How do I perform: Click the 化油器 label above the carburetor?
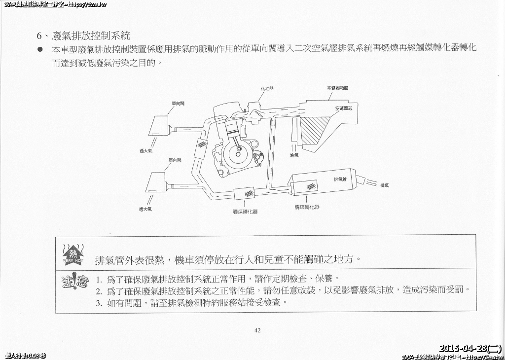[267, 89]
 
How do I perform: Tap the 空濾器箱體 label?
[337, 89]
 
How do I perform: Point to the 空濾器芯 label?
[343, 108]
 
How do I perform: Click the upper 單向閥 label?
[178, 104]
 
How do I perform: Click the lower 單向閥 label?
[175, 160]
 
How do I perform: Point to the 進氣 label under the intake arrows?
[294, 156]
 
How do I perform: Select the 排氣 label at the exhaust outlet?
[384, 186]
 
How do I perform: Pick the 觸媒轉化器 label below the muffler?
[307, 207]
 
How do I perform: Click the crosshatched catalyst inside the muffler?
[311, 186]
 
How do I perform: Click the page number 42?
[257, 330]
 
